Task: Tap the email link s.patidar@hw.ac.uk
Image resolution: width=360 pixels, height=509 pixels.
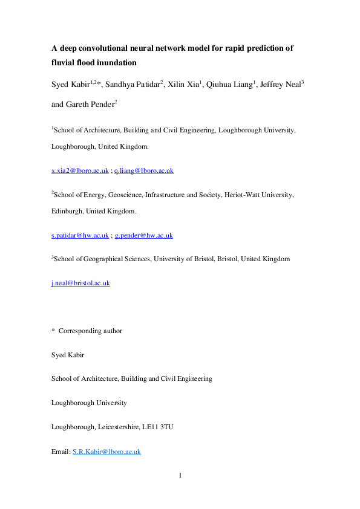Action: point(80,235)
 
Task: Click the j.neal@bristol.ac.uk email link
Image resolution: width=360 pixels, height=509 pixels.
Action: point(80,283)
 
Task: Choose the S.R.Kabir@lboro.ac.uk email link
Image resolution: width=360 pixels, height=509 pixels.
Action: point(106,452)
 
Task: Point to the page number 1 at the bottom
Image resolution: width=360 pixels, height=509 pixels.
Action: point(180,475)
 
